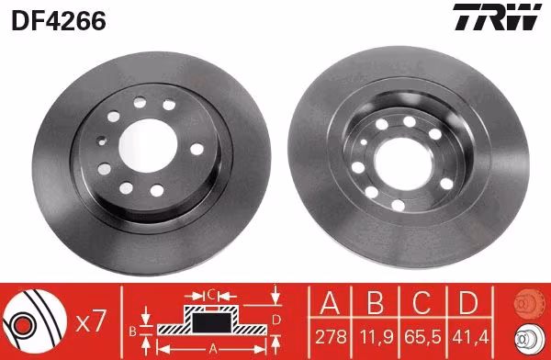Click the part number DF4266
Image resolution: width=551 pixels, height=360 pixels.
(59, 21)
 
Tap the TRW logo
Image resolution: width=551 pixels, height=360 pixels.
(497, 17)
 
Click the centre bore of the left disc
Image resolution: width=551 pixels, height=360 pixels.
(148, 145)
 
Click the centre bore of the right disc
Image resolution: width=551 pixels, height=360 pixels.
(404, 163)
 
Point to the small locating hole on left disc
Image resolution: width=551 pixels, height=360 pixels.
(102, 142)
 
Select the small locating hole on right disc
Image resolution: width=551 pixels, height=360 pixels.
(364, 142)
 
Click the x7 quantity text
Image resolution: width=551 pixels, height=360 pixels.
(91, 321)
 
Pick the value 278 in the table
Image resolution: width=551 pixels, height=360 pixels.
(331, 337)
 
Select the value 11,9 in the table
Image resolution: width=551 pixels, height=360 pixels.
(376, 337)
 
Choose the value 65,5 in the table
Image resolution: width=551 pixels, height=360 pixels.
(422, 337)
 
